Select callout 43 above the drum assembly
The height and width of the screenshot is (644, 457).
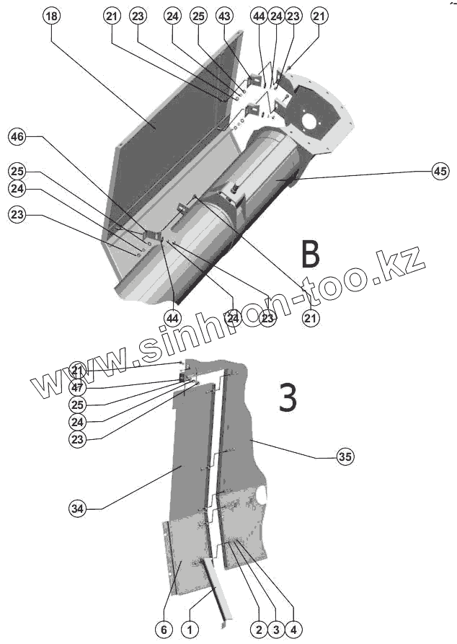[224, 16]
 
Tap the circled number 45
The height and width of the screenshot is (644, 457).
[440, 171]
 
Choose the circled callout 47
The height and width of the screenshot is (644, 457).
[78, 387]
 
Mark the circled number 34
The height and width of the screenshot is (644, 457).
[78, 508]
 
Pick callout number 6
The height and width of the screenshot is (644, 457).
[164, 630]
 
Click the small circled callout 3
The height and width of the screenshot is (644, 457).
[275, 630]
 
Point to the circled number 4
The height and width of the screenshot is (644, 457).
[292, 630]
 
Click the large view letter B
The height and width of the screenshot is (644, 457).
[309, 254]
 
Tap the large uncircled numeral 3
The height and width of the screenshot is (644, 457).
[288, 397]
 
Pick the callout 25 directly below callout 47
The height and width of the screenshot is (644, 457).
[78, 404]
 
